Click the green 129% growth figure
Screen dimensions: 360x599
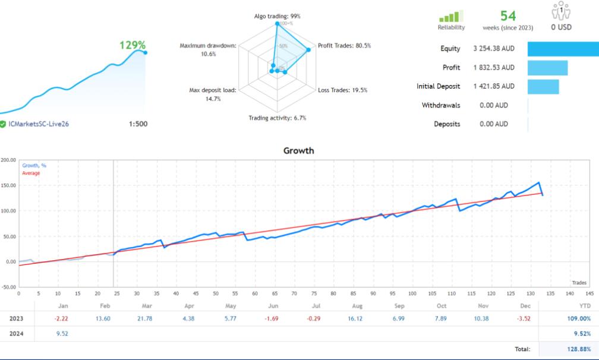point(133,45)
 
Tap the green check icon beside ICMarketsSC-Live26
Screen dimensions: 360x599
point(3,124)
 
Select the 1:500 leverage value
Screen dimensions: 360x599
point(138,124)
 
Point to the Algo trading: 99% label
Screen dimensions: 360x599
point(278,16)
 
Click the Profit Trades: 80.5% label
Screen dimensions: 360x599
point(344,46)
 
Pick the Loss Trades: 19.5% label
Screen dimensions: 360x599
point(342,90)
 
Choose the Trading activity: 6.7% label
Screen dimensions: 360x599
point(278,118)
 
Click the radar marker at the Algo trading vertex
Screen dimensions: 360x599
point(278,24)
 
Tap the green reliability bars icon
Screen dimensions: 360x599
point(451,17)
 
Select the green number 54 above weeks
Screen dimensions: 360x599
point(508,16)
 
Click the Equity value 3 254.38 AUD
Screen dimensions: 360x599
point(494,49)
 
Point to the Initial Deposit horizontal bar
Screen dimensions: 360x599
point(543,87)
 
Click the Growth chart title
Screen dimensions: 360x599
point(299,151)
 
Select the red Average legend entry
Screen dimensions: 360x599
point(31,173)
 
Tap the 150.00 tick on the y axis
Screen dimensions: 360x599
point(8,185)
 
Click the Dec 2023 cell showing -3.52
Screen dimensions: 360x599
point(526,319)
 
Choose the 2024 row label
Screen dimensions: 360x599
point(16,334)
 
